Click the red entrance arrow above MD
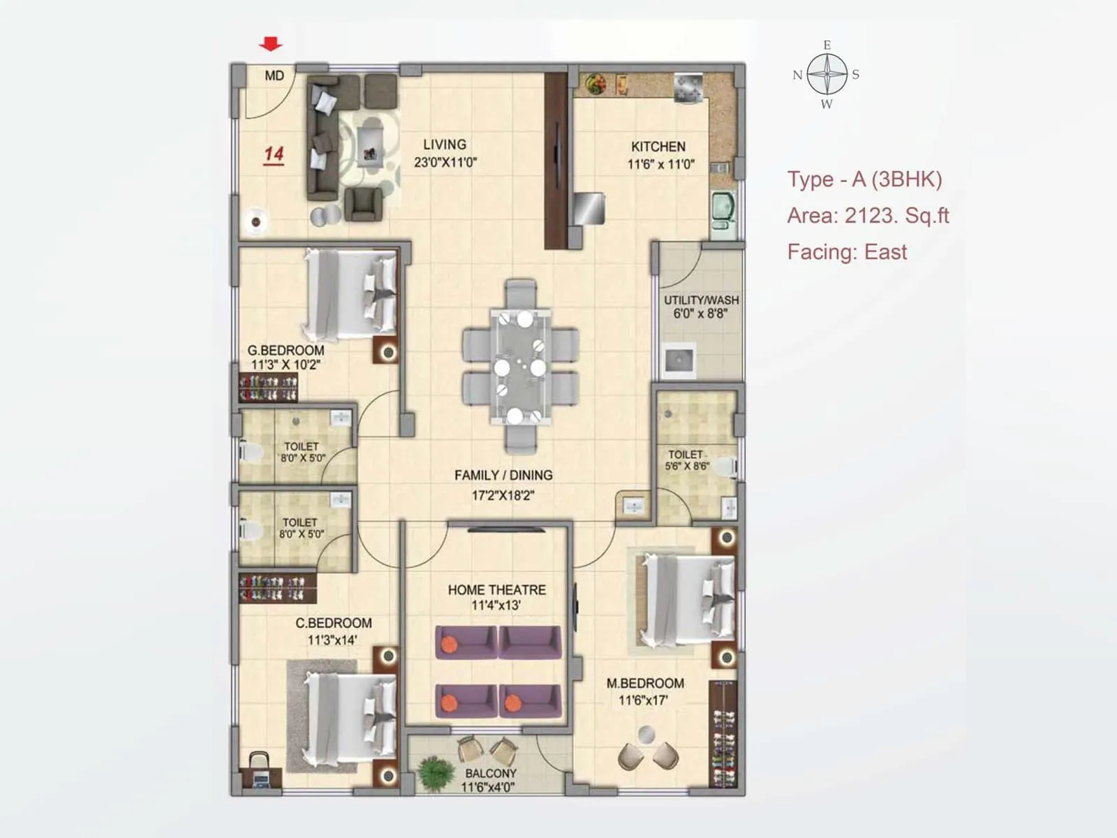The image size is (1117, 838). tap(270, 45)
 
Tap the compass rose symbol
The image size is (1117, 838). tap(827, 75)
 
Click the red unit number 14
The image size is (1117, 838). tap(274, 154)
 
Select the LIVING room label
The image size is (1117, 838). tap(445, 145)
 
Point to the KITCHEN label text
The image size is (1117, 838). tap(658, 147)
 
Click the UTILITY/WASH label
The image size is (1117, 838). tap(701, 300)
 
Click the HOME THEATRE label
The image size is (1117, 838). tap(496, 590)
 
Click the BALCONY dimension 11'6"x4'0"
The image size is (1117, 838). tap(487, 787)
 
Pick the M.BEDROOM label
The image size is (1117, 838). tap(644, 684)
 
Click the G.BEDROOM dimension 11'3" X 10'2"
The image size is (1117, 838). tap(286, 365)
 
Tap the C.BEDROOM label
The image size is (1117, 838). tap(333, 623)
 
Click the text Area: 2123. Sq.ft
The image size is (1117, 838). tap(868, 215)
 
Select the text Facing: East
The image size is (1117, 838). tap(847, 251)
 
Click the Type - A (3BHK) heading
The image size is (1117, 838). tap(864, 179)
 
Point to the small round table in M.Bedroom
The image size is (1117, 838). tap(647, 735)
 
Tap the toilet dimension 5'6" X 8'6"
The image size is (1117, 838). tap(687, 466)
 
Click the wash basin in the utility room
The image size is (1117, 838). tap(678, 360)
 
